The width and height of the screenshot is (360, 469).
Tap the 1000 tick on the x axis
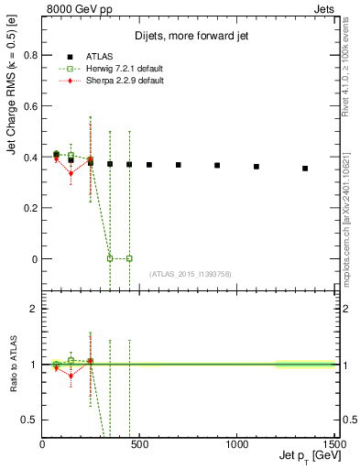tap(236, 444)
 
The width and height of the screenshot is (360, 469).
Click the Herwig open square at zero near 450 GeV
tap(129, 258)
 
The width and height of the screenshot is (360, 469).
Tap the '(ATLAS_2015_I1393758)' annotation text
tap(189, 274)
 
